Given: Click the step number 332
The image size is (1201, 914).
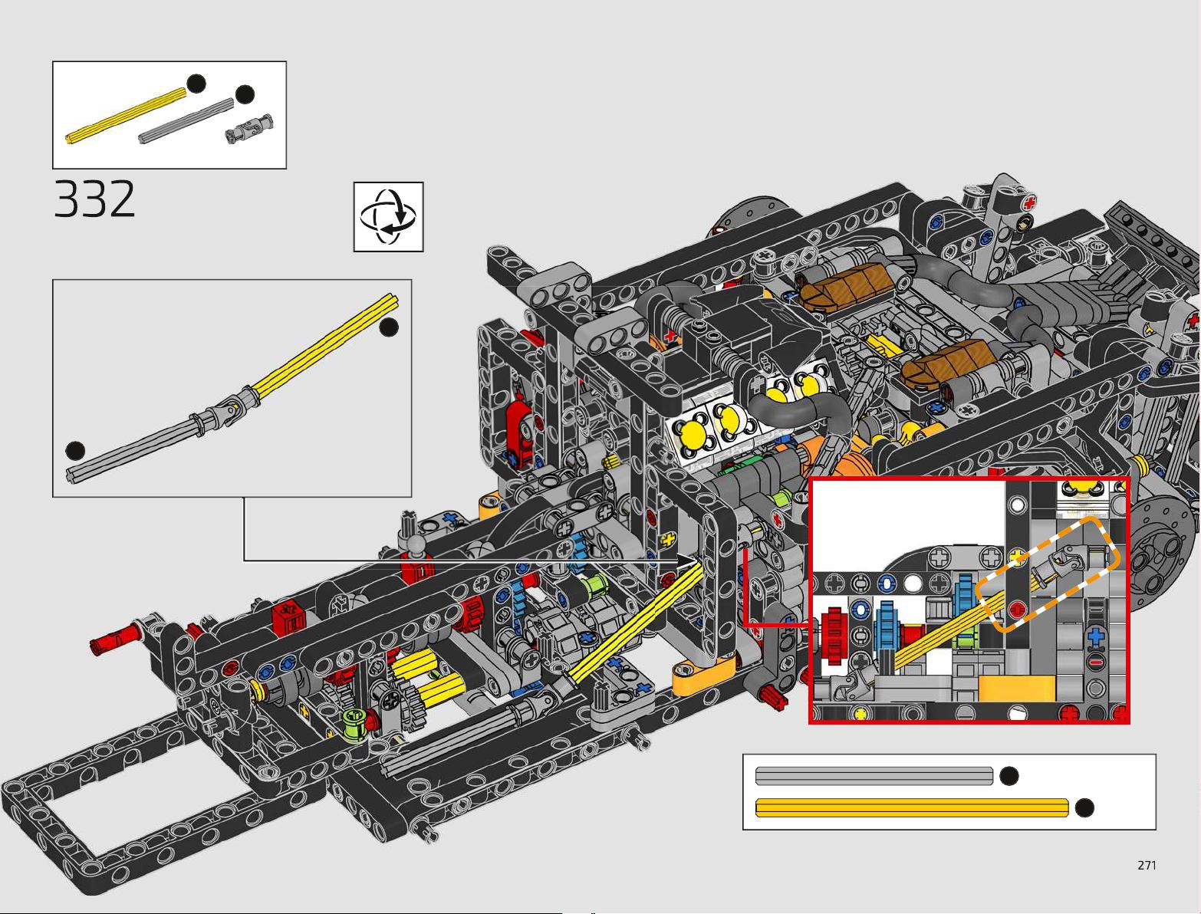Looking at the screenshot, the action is [x=94, y=199].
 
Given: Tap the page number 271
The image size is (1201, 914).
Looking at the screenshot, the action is [x=1147, y=865].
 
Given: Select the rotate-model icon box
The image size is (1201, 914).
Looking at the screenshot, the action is [x=388, y=216].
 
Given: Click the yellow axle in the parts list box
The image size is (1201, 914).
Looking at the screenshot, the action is [x=126, y=116].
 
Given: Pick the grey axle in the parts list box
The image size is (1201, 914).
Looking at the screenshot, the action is [x=186, y=121].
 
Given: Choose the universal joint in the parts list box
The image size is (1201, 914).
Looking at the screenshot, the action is [x=249, y=129].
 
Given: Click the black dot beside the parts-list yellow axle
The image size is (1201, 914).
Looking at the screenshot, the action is [x=196, y=84].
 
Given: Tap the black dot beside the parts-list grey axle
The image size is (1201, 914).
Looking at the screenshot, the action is [x=245, y=94].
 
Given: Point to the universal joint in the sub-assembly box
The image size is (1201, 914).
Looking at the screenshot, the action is [x=225, y=410].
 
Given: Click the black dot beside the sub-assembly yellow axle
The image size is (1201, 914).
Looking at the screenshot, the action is [x=389, y=327].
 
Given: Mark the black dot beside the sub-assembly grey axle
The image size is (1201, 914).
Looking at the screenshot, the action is [x=75, y=451].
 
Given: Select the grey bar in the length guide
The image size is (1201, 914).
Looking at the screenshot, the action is [x=874, y=776].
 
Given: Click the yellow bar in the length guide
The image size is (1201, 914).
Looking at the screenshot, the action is [x=912, y=807].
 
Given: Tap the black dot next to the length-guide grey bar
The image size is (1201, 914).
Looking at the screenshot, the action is [x=1009, y=776].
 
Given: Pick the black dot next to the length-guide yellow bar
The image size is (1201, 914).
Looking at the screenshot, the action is [x=1084, y=808].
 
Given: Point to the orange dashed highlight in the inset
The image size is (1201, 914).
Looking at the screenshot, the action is [x=1048, y=574].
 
